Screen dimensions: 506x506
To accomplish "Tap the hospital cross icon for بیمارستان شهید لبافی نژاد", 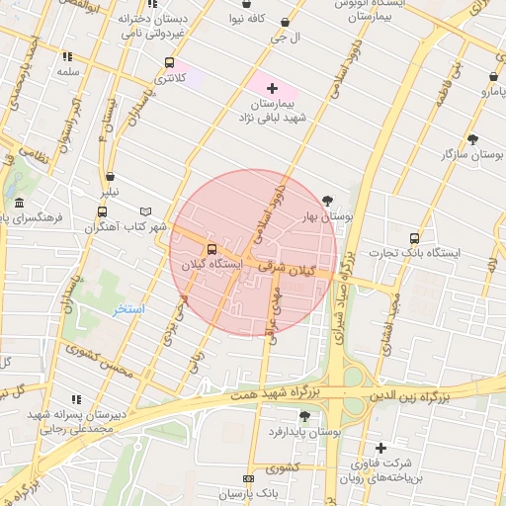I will coord(273,89).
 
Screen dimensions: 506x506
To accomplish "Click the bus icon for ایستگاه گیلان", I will coord(211,249).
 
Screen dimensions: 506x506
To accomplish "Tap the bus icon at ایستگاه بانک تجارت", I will coord(413,237).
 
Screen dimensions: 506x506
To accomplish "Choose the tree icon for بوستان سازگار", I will coord(472,139).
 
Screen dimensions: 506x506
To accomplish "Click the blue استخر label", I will coord(128,309).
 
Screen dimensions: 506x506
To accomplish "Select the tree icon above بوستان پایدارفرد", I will coord(303,416).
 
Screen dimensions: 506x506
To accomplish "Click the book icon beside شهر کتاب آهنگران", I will coord(146,211).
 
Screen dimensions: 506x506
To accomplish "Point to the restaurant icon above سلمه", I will coord(67,56).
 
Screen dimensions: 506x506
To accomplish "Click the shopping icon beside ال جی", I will coord(286,22).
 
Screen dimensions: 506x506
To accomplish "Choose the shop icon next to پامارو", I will coord(493,76).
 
